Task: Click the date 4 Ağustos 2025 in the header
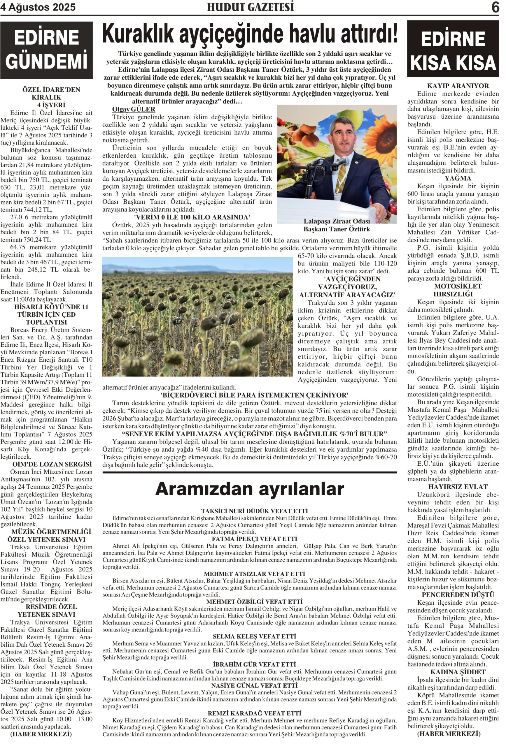[38, 7]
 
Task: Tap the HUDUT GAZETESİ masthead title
[250, 7]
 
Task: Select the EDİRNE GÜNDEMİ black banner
[47, 50]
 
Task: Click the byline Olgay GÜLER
[133, 109]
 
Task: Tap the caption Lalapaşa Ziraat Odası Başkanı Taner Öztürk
[337, 225]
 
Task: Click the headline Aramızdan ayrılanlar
[250, 489]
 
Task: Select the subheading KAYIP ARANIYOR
[453, 86]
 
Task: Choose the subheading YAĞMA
[453, 178]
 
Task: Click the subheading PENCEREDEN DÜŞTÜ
[453, 594]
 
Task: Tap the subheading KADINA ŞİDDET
[453, 672]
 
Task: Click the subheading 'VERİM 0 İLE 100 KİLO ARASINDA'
[192, 217]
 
